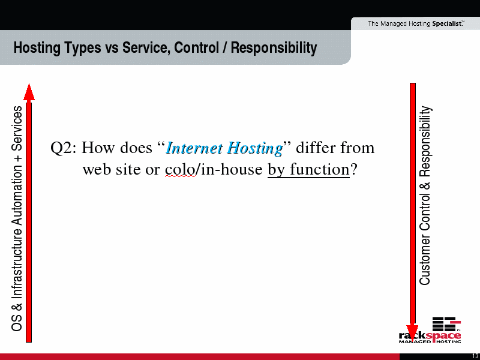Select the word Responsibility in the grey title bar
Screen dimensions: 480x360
[x=274, y=49]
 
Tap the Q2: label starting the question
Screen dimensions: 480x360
[x=64, y=148]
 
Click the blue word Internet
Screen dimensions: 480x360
[x=194, y=148]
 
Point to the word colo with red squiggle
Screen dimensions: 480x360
[x=179, y=169]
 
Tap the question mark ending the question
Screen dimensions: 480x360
[x=353, y=169]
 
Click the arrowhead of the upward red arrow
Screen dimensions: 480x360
[x=29, y=92]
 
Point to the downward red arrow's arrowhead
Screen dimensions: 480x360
[x=412, y=333]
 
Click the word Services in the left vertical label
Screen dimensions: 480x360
[x=17, y=128]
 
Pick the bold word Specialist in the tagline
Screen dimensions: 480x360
[x=447, y=23]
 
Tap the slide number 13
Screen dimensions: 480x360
[x=476, y=356]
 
